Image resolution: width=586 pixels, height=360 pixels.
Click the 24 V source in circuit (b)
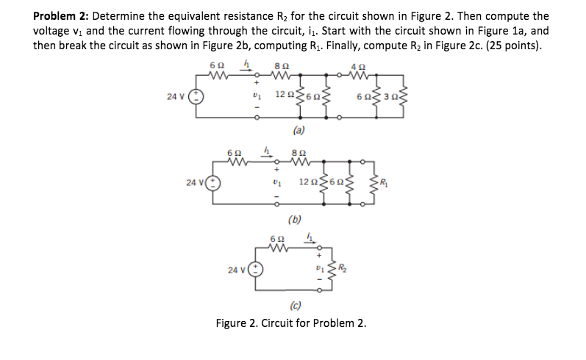pos(211,182)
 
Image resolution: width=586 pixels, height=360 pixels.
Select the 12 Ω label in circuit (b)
pos(308,180)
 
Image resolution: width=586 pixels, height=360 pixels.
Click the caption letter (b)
pos(294,218)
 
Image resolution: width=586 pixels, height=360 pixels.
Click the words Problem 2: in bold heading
pos(61,15)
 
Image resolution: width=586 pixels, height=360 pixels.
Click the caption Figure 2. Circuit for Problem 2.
pos(290,324)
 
